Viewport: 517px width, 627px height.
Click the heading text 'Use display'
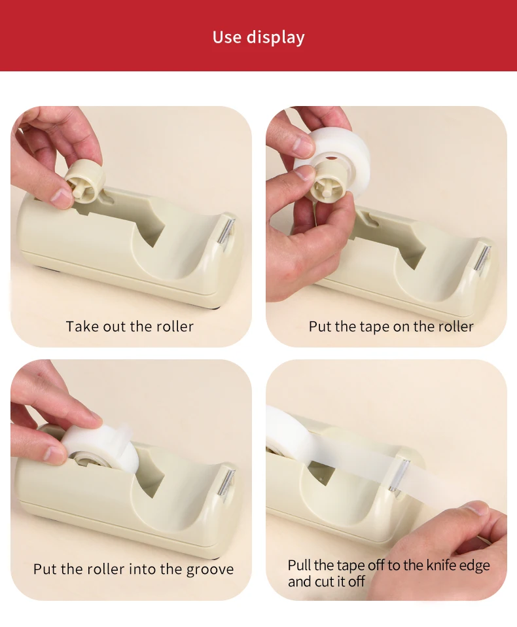258,37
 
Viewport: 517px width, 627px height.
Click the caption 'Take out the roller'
130,327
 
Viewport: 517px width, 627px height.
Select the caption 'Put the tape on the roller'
391,327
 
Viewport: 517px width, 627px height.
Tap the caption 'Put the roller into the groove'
133,569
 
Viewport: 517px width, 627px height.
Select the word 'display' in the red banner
276,38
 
